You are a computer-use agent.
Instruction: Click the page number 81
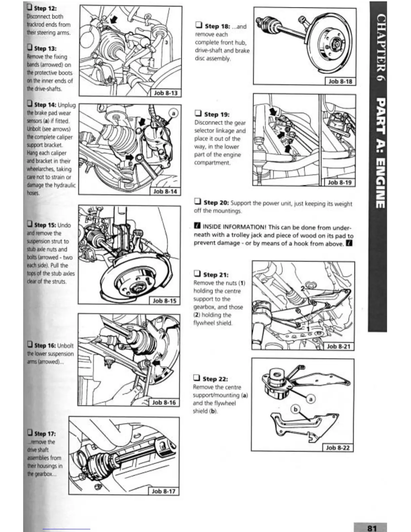coord(372,528)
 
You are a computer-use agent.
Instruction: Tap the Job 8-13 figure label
coord(166,93)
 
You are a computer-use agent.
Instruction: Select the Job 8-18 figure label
coord(340,81)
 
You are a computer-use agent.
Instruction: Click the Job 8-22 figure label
coord(338,447)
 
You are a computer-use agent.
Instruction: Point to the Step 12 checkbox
coord(30,7)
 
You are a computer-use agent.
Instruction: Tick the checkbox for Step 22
coord(197,378)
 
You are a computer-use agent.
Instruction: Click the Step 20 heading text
coord(216,203)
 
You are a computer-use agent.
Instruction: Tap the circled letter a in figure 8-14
coord(174,114)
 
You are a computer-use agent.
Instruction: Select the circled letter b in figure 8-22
coord(295,409)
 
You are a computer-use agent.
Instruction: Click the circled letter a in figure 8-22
coord(311,399)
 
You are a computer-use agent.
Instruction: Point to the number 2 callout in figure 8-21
coord(303,289)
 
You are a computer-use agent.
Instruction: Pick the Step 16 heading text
coord(45,345)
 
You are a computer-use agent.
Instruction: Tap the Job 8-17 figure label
coord(164,491)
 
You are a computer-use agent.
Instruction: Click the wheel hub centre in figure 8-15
coord(137,288)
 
